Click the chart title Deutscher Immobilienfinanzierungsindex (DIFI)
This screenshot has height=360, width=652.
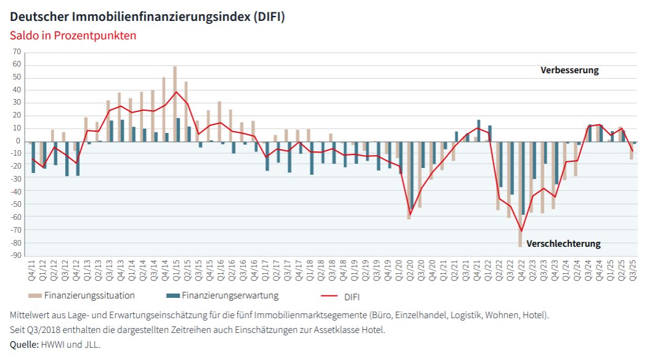[147, 17]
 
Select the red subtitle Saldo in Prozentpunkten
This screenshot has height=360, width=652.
[73, 36]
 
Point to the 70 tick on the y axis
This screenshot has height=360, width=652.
[17, 52]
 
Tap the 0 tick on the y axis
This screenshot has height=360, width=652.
[18, 141]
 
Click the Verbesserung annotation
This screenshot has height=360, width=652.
[569, 70]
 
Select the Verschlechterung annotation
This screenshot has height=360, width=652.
[563, 244]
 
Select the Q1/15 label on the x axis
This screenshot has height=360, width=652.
[176, 271]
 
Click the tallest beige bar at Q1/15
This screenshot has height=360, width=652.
[175, 103]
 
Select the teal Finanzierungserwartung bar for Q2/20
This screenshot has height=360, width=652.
[412, 175]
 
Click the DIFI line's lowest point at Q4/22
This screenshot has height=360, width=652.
[521, 231]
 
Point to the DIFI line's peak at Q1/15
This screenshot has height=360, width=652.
[177, 92]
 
